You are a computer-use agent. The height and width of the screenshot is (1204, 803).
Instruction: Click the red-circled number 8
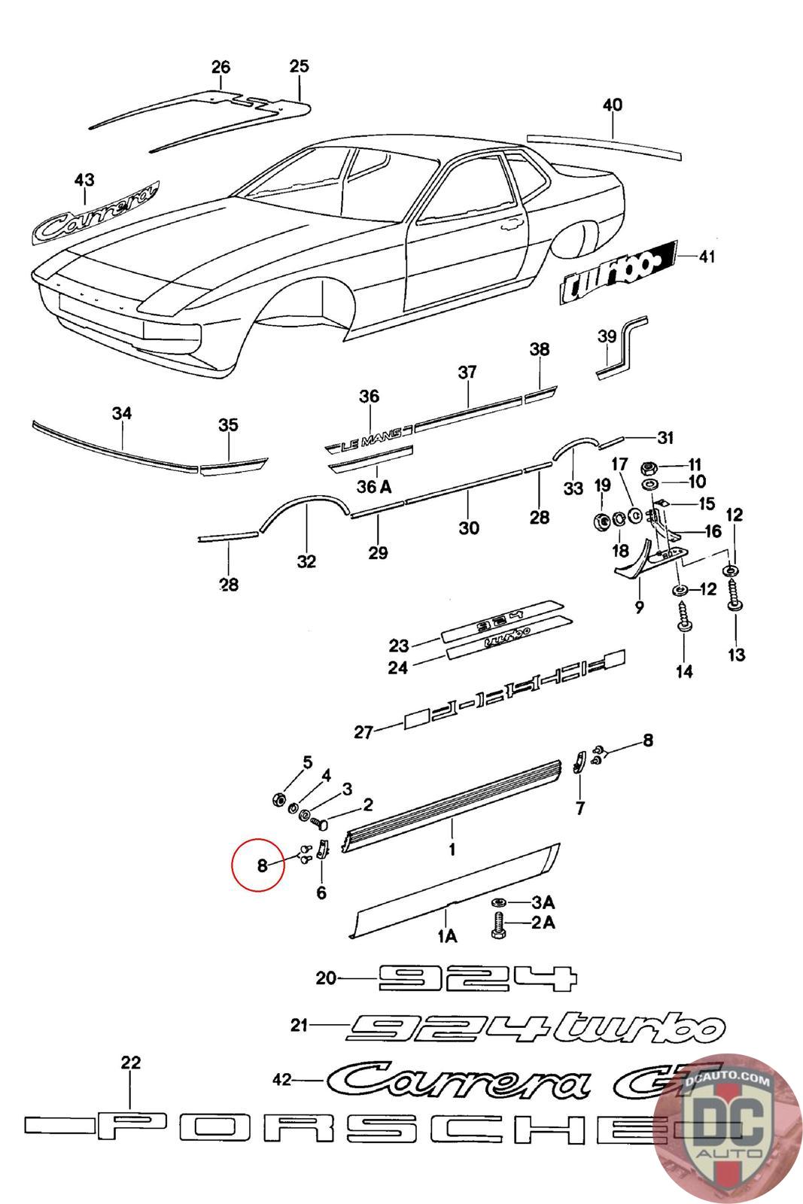click(x=261, y=865)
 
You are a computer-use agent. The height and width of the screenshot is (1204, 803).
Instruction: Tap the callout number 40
click(x=613, y=105)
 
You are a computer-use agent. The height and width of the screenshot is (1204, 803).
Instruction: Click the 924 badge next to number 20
click(x=476, y=978)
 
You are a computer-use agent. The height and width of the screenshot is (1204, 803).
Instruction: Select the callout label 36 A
click(x=374, y=487)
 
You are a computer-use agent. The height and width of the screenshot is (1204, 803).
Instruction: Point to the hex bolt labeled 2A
click(x=497, y=923)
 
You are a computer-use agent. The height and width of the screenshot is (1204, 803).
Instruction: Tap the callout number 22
click(x=131, y=1063)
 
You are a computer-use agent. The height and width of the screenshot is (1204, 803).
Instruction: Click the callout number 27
click(x=364, y=731)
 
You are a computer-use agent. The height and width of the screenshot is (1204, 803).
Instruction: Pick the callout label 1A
click(x=447, y=935)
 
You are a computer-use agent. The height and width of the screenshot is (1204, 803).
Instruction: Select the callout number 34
click(x=122, y=413)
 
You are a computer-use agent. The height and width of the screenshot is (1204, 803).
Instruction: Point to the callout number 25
click(x=299, y=66)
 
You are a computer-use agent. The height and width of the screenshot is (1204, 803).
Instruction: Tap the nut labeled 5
click(x=277, y=798)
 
